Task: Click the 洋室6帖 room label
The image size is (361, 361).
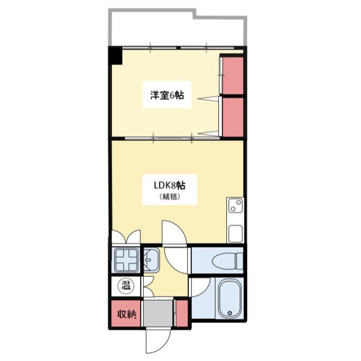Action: [x=167, y=95]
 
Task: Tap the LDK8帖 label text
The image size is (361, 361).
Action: [x=170, y=185]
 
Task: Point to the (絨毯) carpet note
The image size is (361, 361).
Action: [x=170, y=197]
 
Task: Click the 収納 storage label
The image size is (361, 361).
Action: [x=127, y=314]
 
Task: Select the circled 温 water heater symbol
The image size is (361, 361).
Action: [x=126, y=286]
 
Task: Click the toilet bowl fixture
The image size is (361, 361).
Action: [x=227, y=262]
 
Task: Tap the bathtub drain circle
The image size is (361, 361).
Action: [x=229, y=313]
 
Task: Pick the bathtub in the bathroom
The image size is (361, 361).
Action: [x=229, y=298]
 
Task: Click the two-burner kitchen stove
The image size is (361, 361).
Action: [x=235, y=206]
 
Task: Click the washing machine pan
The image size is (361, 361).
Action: [x=126, y=260]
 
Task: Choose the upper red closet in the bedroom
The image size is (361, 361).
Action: [x=233, y=76]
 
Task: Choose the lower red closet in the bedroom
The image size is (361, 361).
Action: [x=233, y=117]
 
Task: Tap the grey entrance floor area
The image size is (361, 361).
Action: [x=158, y=313]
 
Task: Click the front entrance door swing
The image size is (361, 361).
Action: [x=158, y=341]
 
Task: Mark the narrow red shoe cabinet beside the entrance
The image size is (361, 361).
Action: [x=182, y=313]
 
